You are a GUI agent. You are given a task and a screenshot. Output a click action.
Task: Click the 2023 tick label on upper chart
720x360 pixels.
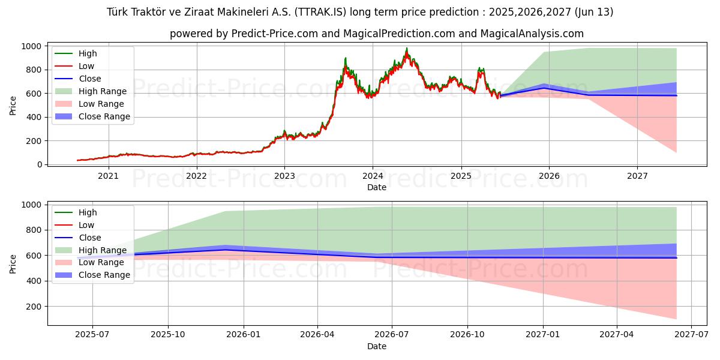[x=284, y=176]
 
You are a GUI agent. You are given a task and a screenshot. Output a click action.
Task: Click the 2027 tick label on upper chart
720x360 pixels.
[x=637, y=176]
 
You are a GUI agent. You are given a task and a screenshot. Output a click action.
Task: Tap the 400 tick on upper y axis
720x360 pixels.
[x=34, y=117]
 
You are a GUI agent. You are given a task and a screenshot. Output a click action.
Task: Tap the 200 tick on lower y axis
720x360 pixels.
[x=34, y=307]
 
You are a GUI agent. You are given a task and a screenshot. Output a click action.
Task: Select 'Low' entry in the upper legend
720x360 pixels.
[x=86, y=66]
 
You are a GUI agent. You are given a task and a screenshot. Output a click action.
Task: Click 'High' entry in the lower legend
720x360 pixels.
[x=88, y=212]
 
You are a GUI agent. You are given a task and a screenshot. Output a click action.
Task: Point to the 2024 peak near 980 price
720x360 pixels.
[x=406, y=49]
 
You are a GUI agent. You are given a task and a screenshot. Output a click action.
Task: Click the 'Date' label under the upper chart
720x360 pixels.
[x=377, y=187]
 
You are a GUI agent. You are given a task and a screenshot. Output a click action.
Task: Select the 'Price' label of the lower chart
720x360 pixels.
[x=13, y=263]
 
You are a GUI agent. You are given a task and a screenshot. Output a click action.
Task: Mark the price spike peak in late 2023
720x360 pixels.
[x=346, y=58]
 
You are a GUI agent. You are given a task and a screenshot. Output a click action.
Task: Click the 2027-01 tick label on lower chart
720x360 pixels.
[x=544, y=335]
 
